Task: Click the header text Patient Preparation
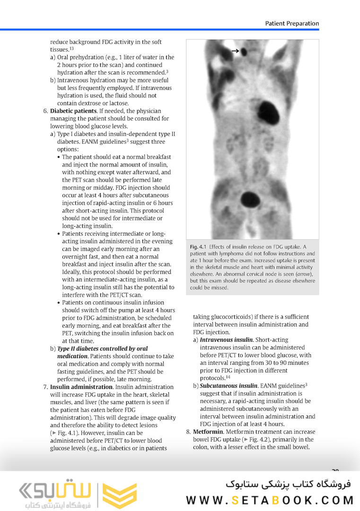pos(292,23)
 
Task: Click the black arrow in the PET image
pos(235,51)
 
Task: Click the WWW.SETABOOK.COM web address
pos(270,500)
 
